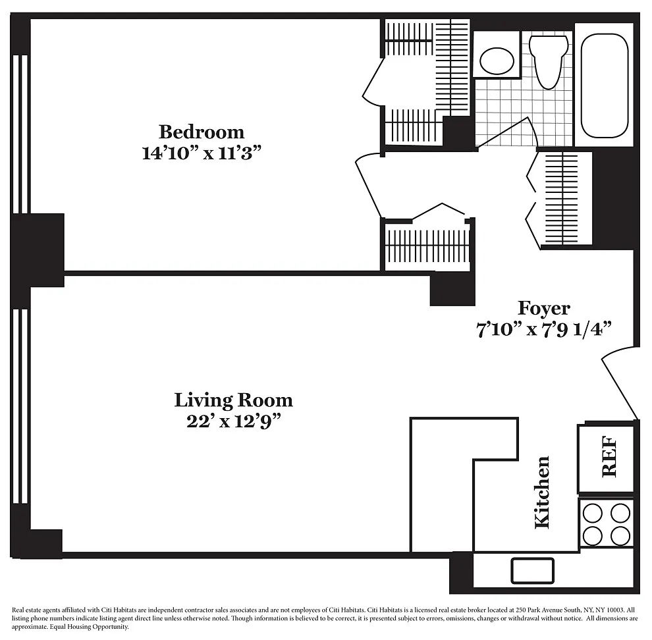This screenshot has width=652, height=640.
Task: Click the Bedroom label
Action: [x=202, y=132]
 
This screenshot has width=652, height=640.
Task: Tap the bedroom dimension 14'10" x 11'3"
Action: [x=202, y=153]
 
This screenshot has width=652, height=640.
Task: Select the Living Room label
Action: [x=233, y=400]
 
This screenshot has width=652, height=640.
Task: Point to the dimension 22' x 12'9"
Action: [x=233, y=421]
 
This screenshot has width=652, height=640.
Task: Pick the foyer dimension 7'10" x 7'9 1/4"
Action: [x=543, y=330]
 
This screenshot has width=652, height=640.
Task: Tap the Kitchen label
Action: [x=542, y=493]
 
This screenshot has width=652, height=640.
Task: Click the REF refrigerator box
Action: [x=606, y=458]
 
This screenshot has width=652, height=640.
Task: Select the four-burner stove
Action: [x=607, y=524]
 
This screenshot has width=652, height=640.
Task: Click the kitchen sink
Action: [x=533, y=571]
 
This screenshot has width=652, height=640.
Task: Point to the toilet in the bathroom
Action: [x=549, y=61]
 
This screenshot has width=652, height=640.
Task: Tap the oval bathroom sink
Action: [x=497, y=61]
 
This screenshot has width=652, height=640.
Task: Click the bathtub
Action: [x=604, y=86]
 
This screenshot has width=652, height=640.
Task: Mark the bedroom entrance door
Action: [x=369, y=185]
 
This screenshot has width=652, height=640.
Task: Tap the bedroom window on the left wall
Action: [x=20, y=134]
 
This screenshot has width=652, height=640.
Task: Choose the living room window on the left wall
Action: [x=20, y=406]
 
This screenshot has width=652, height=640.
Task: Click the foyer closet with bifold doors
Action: [x=559, y=199]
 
